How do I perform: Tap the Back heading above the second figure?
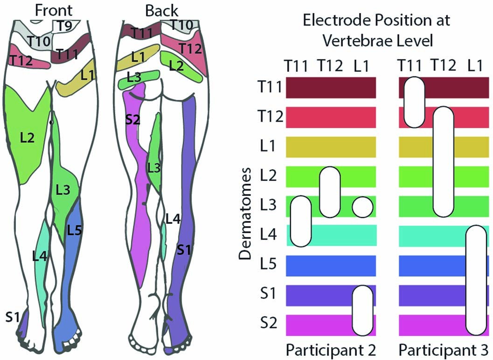click(x=158, y=9)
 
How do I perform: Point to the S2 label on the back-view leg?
click(x=133, y=120)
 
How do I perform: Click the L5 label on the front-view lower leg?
click(x=75, y=230)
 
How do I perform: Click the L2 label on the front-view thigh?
click(x=28, y=138)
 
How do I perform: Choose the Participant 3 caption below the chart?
click(x=444, y=349)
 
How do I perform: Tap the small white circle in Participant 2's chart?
click(x=362, y=207)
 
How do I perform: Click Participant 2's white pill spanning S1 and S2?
click(x=362, y=311)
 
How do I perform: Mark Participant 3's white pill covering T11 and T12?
click(x=414, y=103)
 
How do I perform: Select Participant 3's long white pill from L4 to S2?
click(x=477, y=280)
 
